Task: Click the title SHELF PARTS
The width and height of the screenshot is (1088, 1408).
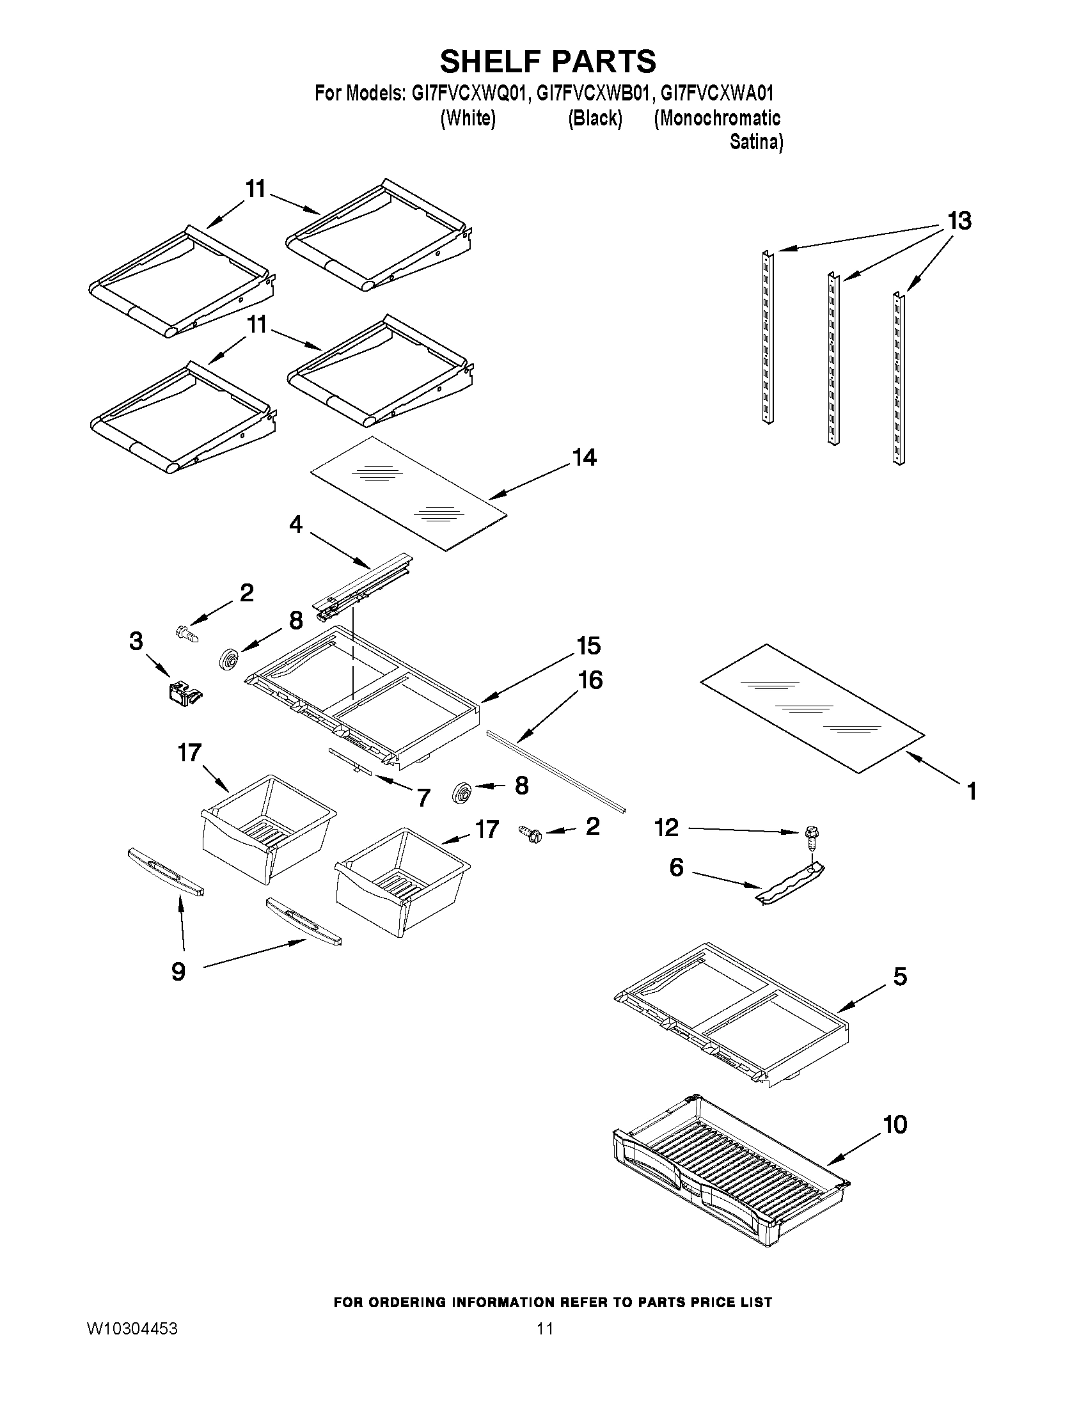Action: [548, 61]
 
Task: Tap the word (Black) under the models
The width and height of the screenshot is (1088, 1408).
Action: [594, 118]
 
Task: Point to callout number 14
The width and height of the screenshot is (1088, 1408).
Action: [584, 458]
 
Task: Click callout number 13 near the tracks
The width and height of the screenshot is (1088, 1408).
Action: [959, 221]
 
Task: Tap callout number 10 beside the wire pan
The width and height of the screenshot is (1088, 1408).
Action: [895, 1125]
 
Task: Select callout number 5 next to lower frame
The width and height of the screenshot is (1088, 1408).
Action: [901, 976]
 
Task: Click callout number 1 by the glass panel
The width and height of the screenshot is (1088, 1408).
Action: [972, 791]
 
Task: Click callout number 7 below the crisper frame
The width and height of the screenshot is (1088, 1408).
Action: [423, 798]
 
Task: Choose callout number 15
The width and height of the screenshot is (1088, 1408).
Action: [589, 645]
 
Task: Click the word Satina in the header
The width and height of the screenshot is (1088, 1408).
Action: [755, 142]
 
